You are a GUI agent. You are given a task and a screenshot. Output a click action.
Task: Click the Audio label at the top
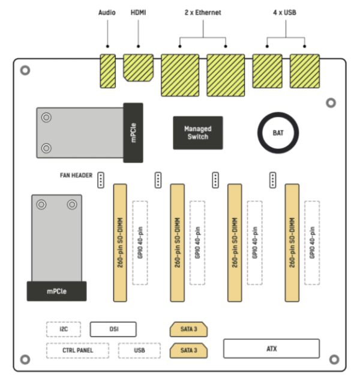point(107,12)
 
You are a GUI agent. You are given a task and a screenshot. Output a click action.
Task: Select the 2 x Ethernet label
point(202,12)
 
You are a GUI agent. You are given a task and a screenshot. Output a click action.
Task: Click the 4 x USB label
point(286,12)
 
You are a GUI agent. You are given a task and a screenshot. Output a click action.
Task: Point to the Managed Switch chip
point(197,133)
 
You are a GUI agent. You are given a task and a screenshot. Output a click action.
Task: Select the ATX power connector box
point(271,348)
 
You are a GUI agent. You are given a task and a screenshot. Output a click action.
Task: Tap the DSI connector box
point(113,329)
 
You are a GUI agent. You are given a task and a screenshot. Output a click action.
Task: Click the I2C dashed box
point(64,329)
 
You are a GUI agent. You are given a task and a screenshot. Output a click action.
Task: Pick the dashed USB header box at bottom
point(139,350)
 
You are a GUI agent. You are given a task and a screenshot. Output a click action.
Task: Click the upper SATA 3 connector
point(189,329)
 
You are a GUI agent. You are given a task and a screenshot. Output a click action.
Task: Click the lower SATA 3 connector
point(189,350)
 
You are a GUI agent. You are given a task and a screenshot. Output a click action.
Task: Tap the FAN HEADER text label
point(76,175)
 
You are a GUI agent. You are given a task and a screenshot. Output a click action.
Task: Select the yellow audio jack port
point(107,71)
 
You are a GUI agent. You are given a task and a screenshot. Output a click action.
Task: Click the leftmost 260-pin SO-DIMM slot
point(120,243)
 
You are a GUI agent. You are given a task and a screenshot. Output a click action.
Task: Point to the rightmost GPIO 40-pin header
point(312,243)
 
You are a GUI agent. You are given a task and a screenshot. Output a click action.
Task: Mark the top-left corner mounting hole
point(25,70)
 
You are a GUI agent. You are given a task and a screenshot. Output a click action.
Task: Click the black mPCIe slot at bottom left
point(57,291)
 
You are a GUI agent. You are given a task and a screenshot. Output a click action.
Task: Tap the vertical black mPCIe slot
point(133,133)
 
